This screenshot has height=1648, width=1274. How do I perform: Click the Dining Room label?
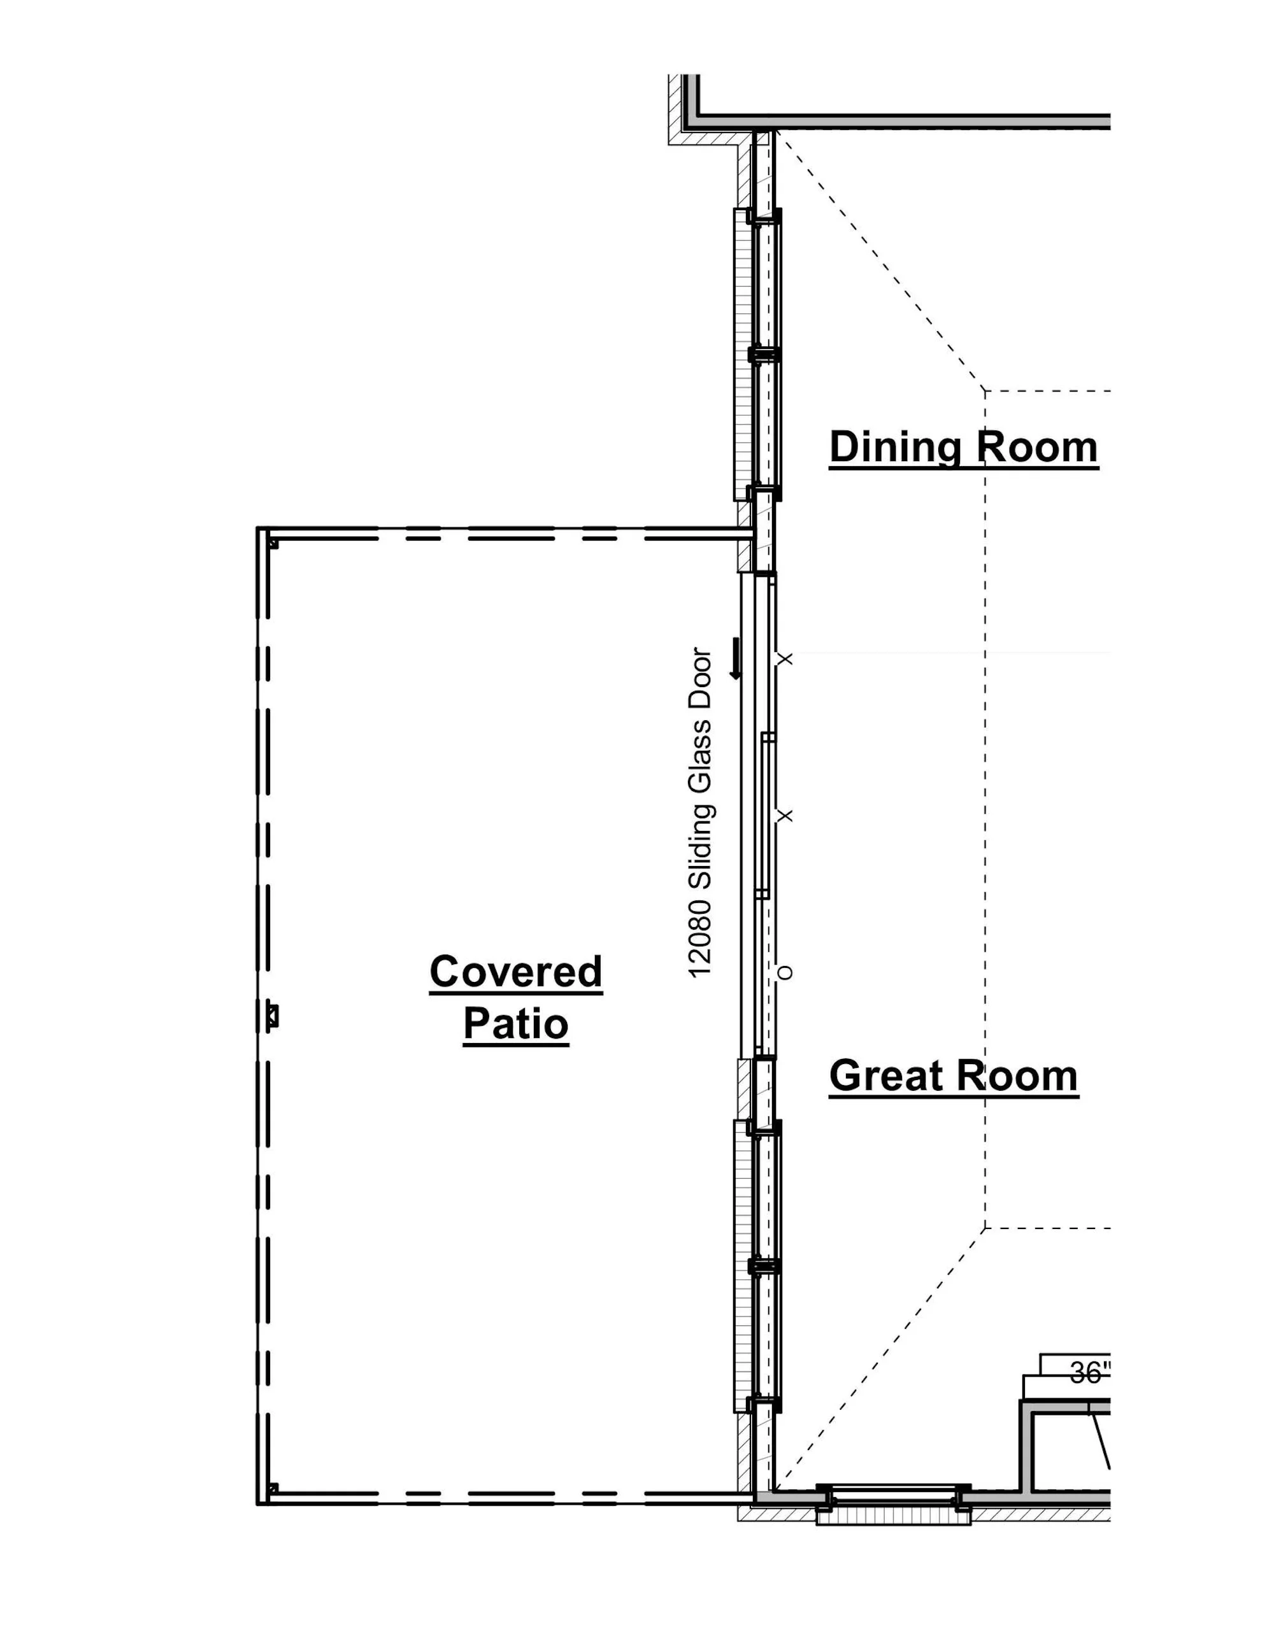coord(964,448)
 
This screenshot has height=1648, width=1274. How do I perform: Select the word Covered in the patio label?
coord(516,972)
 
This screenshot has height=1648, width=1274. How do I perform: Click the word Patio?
coord(516,1024)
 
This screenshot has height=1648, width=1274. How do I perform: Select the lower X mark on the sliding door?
coord(785,816)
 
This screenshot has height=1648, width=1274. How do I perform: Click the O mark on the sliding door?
coord(785,972)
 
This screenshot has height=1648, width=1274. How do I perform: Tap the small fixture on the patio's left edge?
coord(273,1016)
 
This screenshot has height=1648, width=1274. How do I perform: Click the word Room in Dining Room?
coord(1038,448)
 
